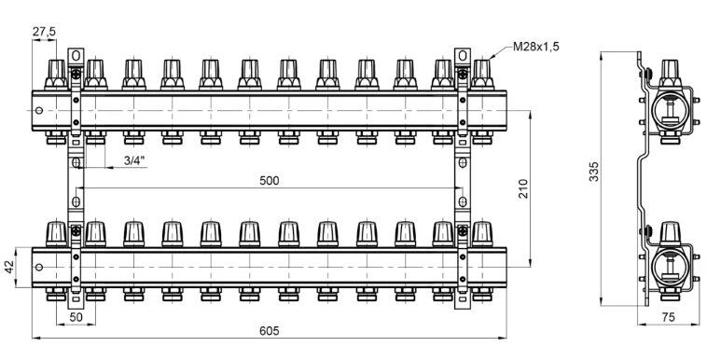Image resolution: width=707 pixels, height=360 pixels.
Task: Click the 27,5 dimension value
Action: pos(44,32)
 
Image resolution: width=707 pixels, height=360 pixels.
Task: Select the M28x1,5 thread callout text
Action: pos(536,47)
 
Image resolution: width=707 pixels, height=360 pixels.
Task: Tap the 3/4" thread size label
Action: pos(135,160)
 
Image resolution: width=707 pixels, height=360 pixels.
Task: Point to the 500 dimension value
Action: pos(270,180)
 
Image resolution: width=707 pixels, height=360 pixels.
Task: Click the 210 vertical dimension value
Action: pos(523,188)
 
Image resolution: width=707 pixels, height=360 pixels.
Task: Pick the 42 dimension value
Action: pos(9,267)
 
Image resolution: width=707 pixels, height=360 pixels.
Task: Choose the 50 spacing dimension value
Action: pos(76,317)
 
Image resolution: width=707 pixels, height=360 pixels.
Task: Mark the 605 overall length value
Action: pos(270,331)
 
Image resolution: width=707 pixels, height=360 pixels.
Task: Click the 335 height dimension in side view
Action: pos(595,172)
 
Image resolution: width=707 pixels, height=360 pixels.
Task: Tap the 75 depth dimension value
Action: pos(669,317)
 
